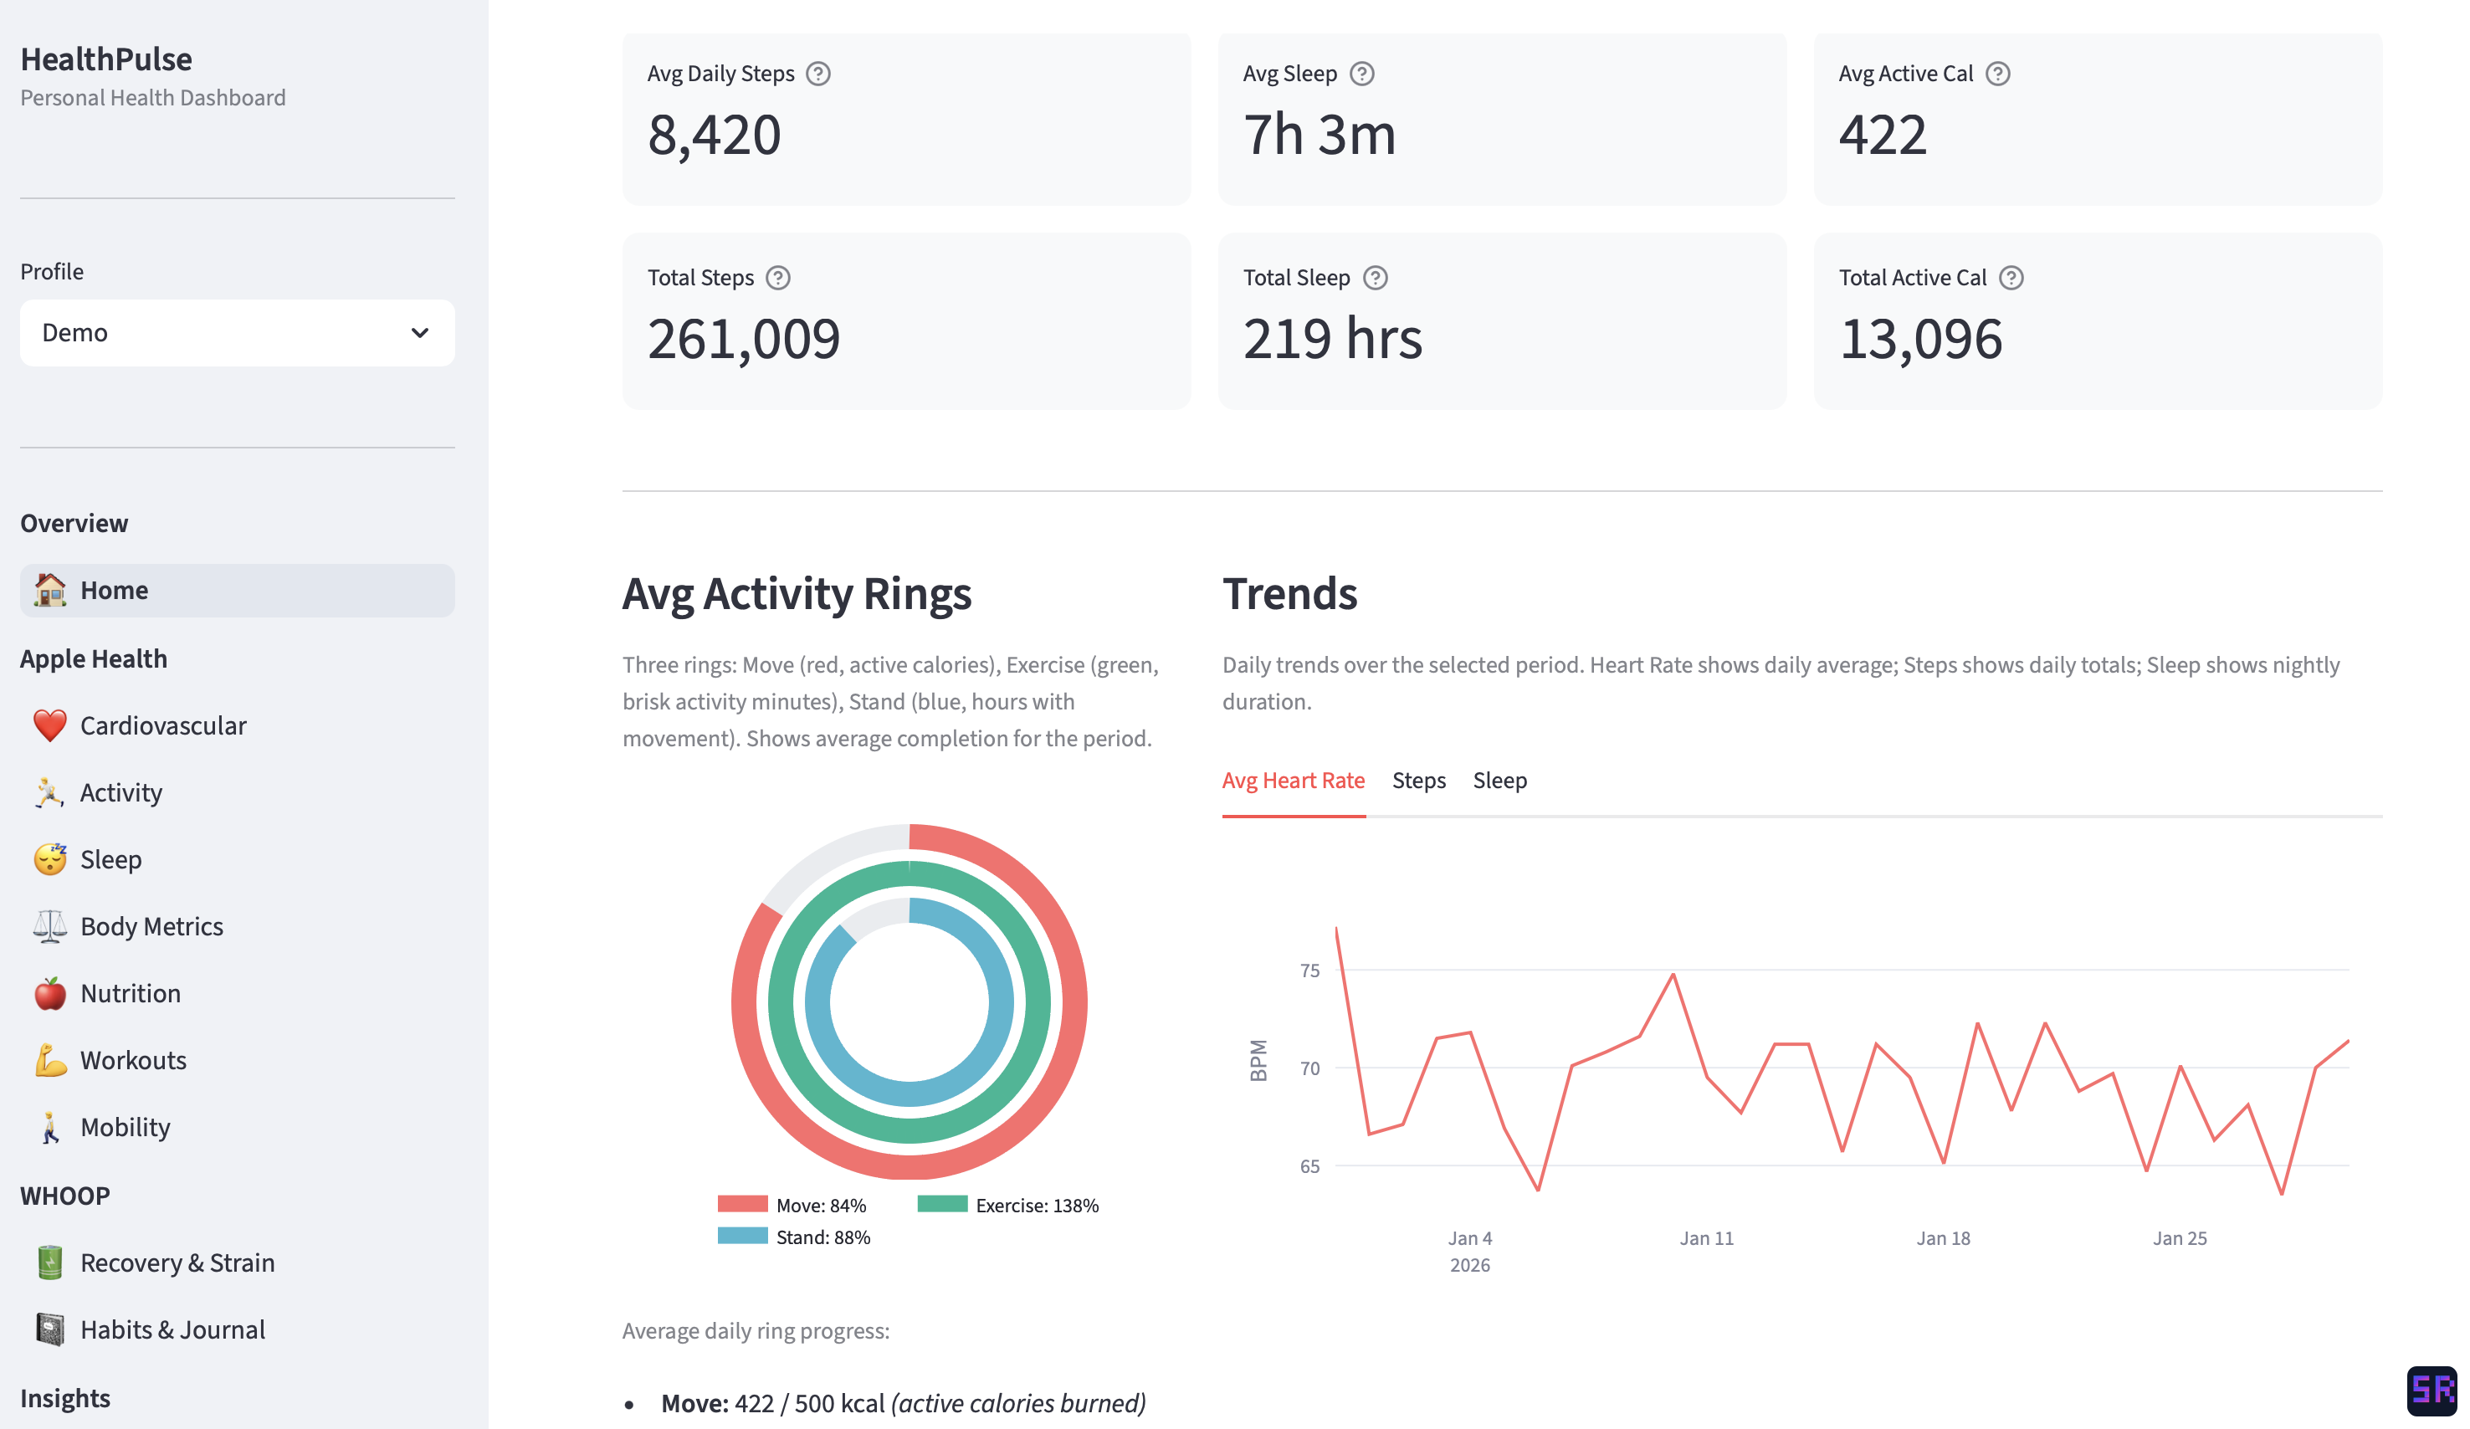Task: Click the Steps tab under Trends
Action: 1418,780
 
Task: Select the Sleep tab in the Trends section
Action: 1499,780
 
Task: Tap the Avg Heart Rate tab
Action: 1292,780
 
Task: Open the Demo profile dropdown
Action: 237,333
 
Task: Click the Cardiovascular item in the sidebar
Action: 162,725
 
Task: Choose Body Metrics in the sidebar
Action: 151,926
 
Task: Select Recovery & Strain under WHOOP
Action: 177,1263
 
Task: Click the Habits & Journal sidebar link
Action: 172,1329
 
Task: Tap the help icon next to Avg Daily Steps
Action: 817,74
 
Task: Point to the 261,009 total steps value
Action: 743,339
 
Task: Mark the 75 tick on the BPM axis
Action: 1309,971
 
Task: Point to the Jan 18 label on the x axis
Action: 1942,1238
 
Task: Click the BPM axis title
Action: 1258,1061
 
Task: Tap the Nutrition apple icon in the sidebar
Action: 50,993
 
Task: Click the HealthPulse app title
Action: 106,59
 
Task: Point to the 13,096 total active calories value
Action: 1919,339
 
